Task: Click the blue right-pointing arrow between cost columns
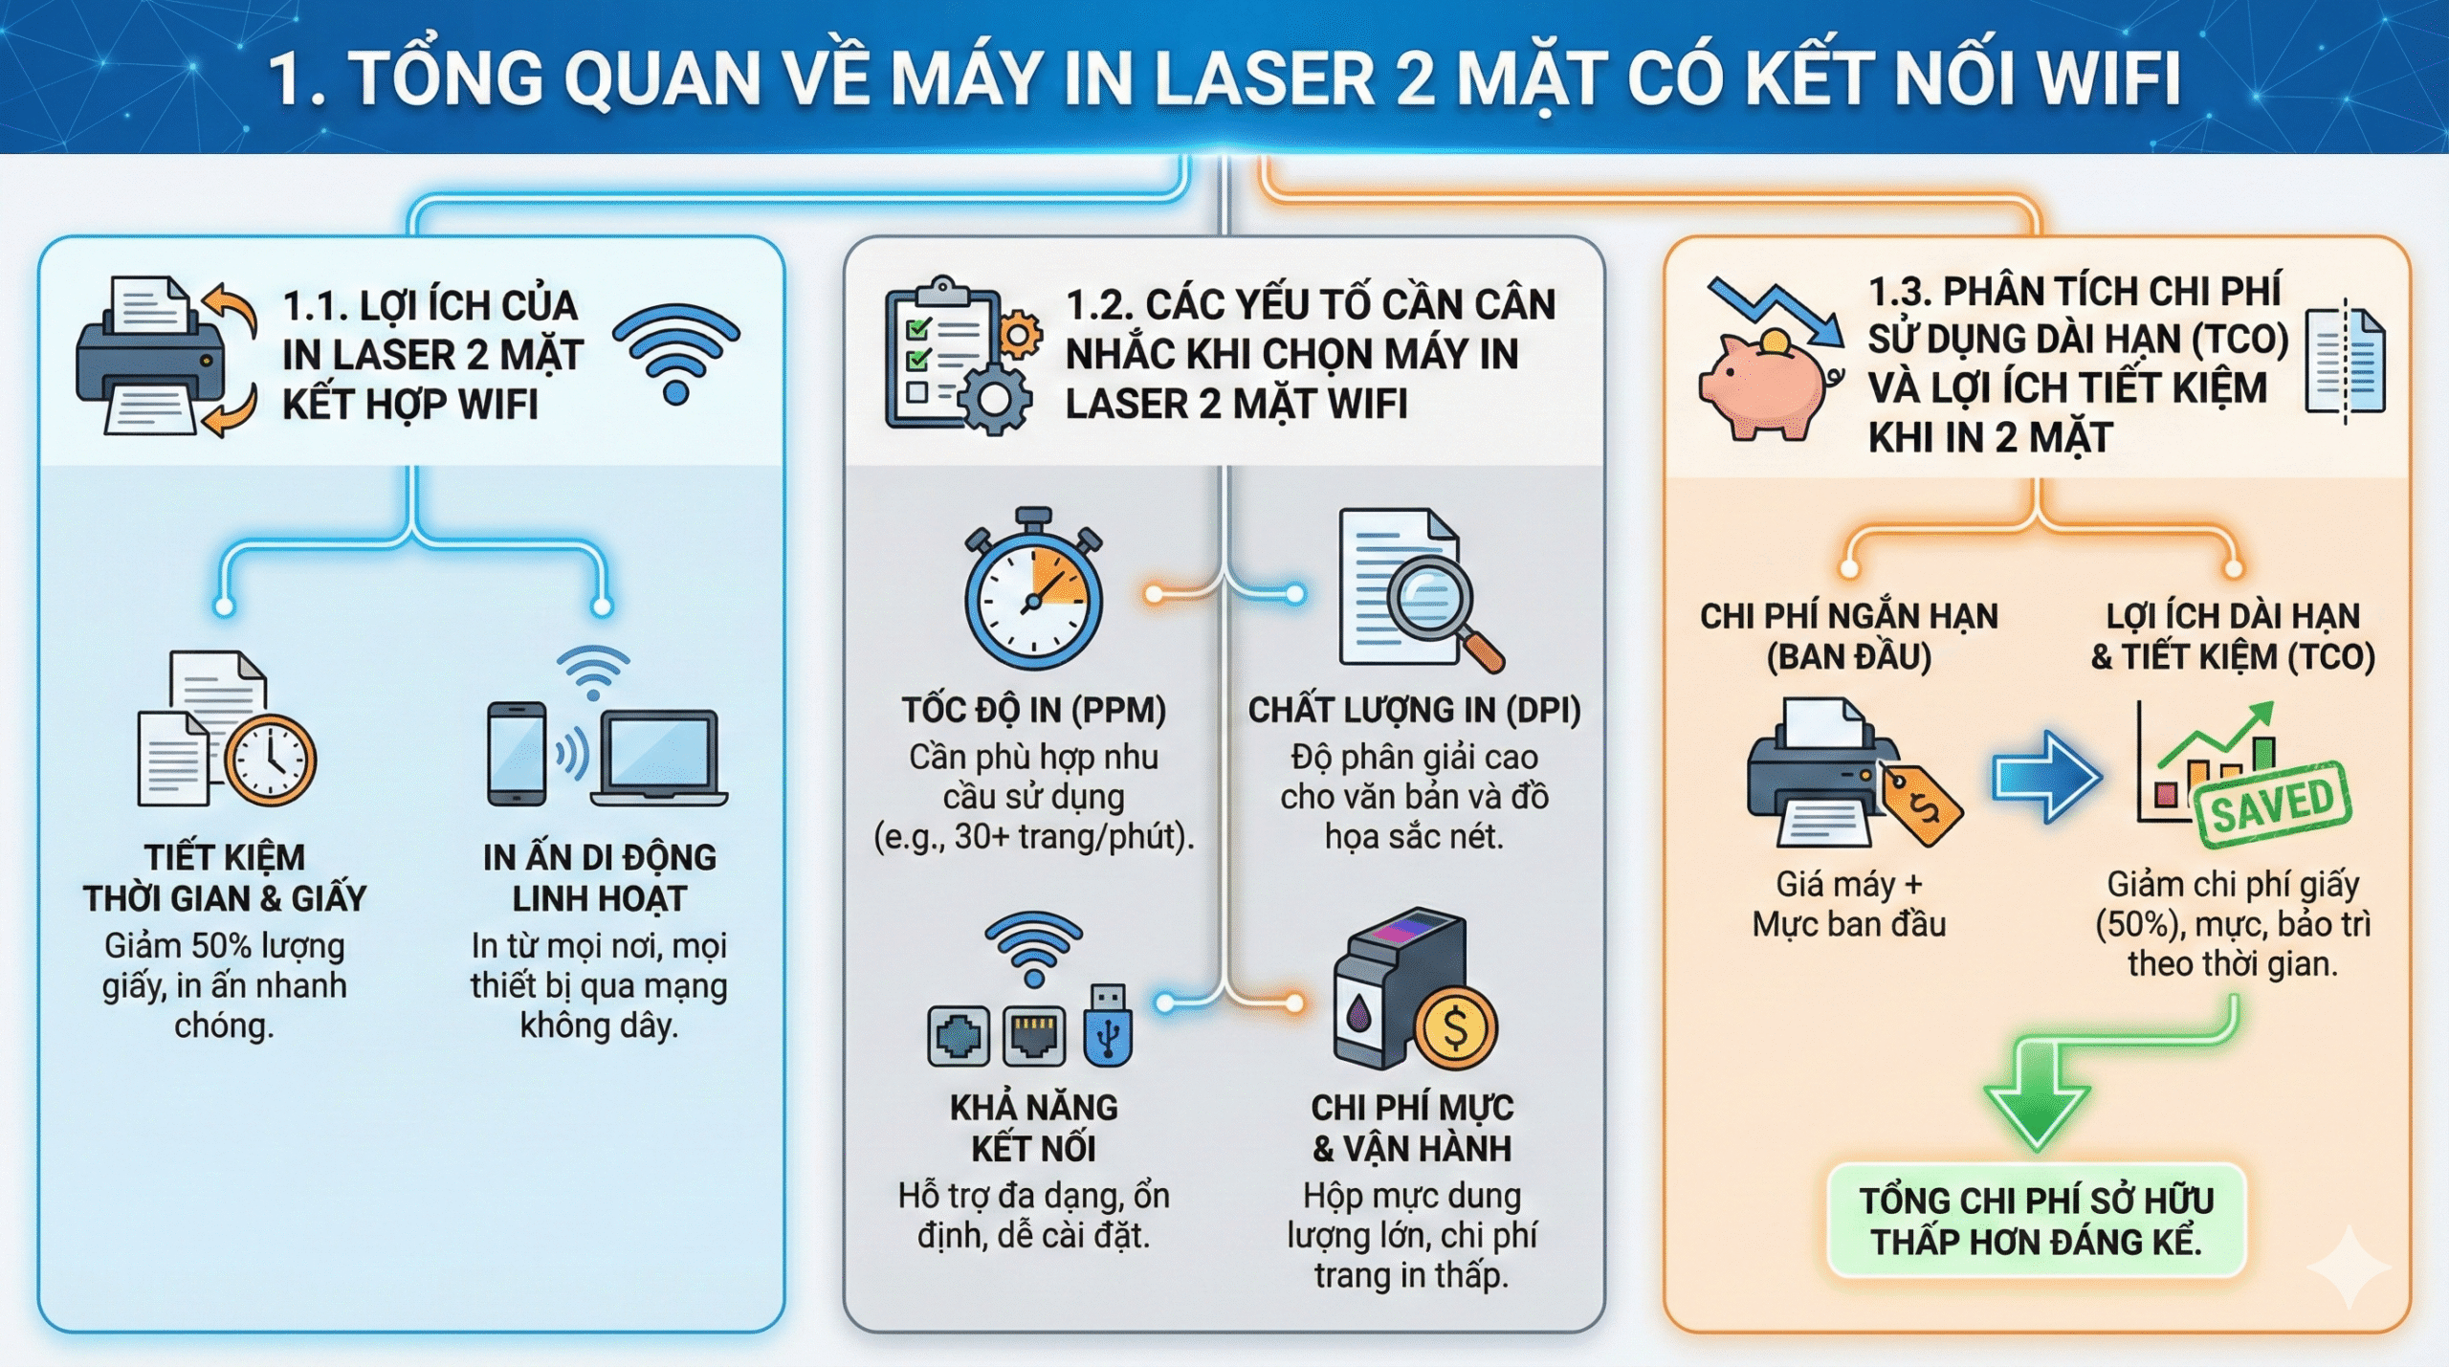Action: [2047, 776]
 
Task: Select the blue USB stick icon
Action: [1109, 1026]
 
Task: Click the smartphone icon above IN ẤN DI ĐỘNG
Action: [517, 755]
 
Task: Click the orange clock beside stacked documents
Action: [272, 760]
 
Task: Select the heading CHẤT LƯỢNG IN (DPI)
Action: [1414, 710]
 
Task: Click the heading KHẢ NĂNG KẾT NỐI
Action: [1033, 1127]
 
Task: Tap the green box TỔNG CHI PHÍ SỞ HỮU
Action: [2037, 1221]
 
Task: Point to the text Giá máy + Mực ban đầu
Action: [1848, 904]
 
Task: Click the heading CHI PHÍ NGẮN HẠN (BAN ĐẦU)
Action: [1848, 636]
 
